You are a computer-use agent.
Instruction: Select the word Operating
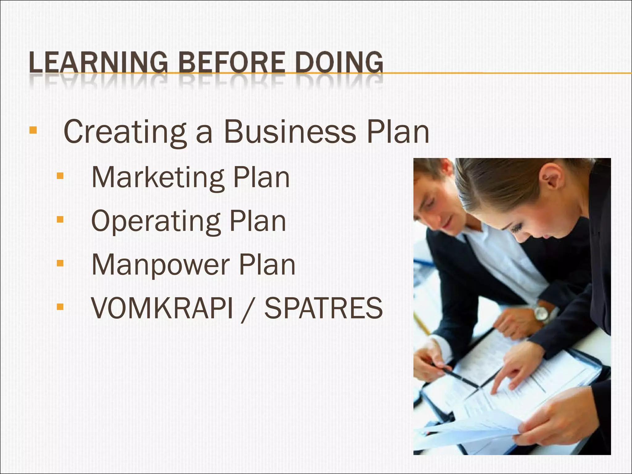click(156, 222)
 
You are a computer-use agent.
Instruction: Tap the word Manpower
click(161, 265)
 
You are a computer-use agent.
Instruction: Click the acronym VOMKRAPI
click(162, 308)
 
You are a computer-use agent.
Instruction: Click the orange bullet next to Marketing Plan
click(60, 176)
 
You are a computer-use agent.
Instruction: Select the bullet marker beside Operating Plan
click(60, 220)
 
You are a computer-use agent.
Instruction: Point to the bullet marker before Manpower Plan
click(60, 263)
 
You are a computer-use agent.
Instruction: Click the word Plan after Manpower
click(267, 264)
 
